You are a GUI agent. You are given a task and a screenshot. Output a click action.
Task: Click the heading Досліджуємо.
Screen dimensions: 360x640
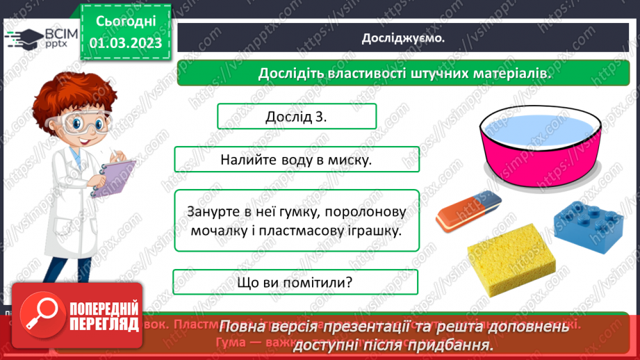[x=403, y=38]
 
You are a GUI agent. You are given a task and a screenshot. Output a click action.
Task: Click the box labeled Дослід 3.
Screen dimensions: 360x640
[x=297, y=116]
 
